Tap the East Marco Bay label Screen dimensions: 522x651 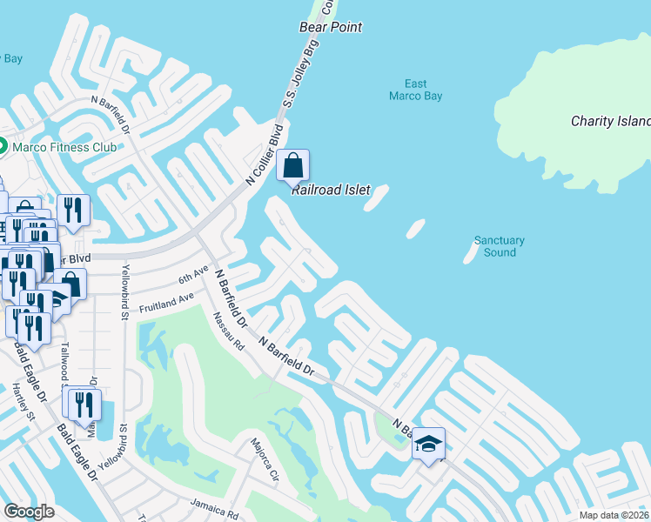pyautogui.click(x=415, y=90)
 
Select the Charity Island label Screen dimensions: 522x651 pyautogui.click(x=610, y=121)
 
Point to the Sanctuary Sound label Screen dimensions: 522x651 pyautogui.click(x=500, y=246)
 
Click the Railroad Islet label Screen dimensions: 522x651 pyautogui.click(x=331, y=190)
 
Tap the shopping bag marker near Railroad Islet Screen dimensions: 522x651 pyautogui.click(x=294, y=165)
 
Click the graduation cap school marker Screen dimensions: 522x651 pyautogui.click(x=428, y=445)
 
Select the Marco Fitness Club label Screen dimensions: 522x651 pyautogui.click(x=64, y=147)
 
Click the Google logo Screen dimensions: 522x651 pyautogui.click(x=29, y=512)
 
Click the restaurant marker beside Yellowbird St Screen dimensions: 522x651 pyautogui.click(x=84, y=403)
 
